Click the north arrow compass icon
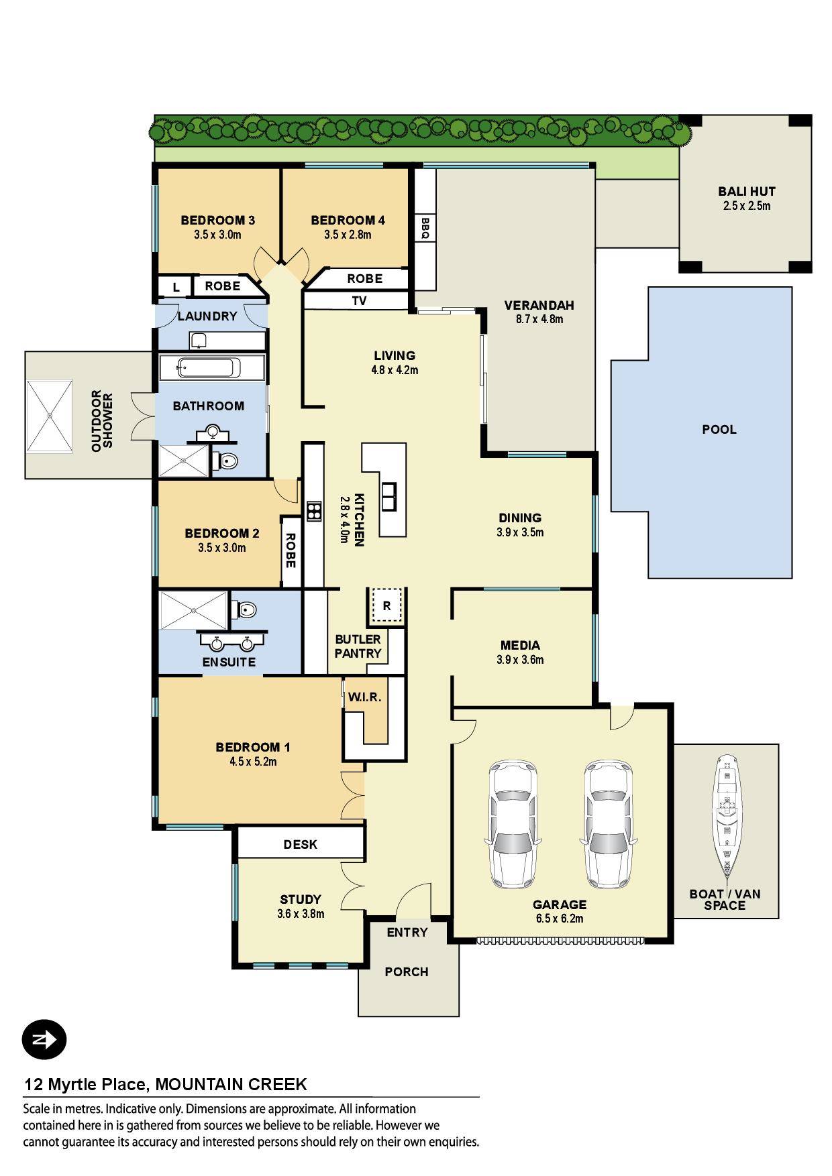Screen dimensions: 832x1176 [44, 1040]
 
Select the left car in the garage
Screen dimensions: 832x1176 [513, 823]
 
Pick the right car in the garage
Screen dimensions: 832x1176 [608, 823]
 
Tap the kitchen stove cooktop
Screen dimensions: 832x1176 [314, 512]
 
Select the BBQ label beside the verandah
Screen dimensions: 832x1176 [425, 228]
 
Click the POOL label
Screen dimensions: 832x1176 [719, 429]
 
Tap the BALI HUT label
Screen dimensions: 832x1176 [747, 192]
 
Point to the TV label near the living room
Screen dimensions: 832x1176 [360, 301]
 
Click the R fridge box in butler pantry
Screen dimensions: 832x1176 [386, 606]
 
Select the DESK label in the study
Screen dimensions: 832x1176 [301, 845]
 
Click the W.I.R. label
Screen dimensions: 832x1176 [364, 697]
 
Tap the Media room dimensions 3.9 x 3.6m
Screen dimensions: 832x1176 [521, 660]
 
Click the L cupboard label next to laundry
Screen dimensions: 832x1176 [176, 287]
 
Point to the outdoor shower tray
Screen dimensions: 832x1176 [49, 416]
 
